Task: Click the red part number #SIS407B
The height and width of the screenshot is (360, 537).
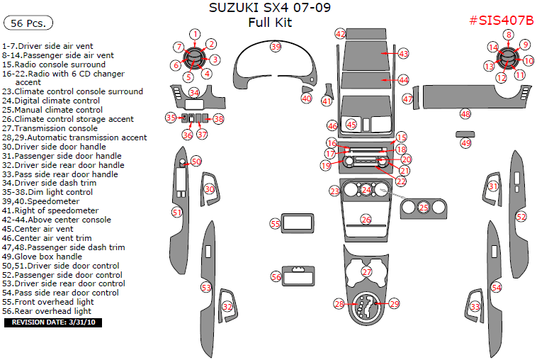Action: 501,20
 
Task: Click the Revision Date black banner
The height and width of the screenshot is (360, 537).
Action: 54,322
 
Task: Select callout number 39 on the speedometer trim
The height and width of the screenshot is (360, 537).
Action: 276,46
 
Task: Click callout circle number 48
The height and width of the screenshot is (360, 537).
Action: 465,113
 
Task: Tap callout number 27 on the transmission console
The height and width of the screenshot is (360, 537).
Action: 366,271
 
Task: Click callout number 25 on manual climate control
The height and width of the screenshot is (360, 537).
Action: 423,208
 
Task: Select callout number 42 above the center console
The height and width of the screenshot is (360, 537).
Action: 340,33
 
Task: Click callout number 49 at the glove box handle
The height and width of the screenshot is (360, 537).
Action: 465,142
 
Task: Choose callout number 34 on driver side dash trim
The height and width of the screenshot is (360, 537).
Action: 194,93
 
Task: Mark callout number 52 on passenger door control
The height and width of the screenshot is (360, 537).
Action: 521,216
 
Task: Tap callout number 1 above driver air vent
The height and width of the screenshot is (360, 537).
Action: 195,33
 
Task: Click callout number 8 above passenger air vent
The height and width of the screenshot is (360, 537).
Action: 509,35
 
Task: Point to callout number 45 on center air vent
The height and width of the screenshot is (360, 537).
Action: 351,124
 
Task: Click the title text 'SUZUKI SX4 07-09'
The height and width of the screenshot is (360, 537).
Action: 269,8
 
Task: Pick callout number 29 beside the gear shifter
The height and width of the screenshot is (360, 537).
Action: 394,303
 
